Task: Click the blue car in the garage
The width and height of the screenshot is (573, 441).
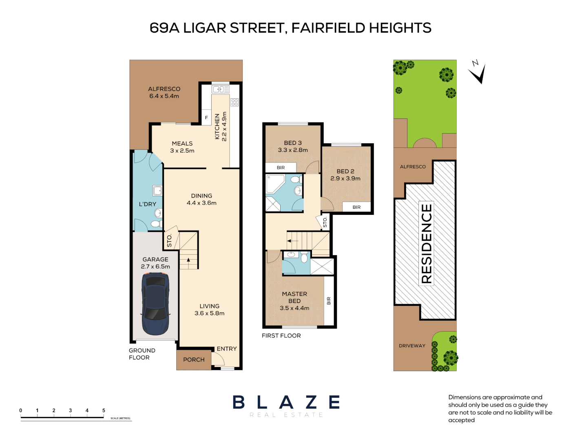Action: click(155, 303)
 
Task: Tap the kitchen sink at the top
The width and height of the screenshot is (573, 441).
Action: click(220, 89)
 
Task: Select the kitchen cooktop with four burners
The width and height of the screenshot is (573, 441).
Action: click(235, 102)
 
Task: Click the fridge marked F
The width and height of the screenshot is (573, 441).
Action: click(206, 118)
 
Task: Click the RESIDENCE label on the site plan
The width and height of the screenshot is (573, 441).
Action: click(426, 243)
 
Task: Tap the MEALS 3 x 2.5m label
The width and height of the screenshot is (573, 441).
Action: click(182, 147)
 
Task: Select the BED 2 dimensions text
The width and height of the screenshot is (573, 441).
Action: click(345, 178)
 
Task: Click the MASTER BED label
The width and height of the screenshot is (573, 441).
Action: click(294, 297)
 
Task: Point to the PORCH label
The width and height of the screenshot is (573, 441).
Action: click(194, 360)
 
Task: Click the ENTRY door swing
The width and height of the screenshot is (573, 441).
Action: click(218, 359)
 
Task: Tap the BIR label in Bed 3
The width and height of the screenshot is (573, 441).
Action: click(281, 168)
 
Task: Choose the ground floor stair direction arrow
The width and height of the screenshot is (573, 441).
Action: click(188, 260)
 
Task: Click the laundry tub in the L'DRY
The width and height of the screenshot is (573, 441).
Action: click(157, 190)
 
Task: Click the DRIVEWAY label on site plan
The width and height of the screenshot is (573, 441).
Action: click(412, 346)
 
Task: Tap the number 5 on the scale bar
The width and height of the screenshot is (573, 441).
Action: click(104, 410)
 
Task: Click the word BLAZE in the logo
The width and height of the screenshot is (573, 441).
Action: click(286, 402)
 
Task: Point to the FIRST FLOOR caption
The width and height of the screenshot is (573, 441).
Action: click(281, 336)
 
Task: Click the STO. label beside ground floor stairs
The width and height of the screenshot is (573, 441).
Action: click(169, 241)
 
